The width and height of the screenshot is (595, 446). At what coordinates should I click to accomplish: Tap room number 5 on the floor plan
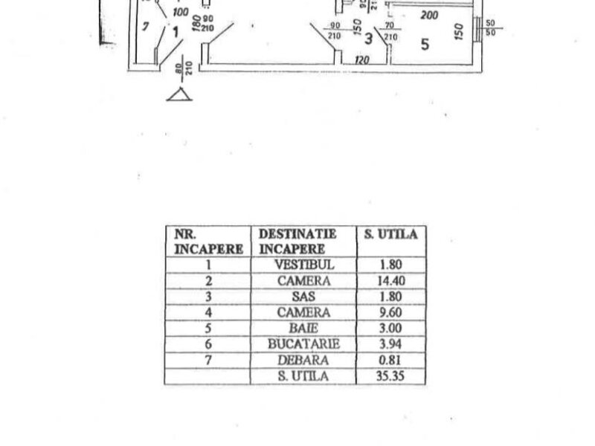(x=425, y=44)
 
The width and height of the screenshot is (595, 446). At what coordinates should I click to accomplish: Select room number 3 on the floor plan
(x=367, y=39)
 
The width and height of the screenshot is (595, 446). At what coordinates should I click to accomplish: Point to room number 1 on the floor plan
(x=173, y=32)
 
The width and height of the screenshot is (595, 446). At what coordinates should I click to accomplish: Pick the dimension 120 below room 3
(x=362, y=60)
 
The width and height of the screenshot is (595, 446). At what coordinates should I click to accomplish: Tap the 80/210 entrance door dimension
(x=179, y=74)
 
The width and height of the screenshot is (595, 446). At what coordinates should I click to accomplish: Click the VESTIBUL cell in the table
(x=304, y=265)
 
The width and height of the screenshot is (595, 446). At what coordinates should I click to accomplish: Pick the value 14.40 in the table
(x=390, y=281)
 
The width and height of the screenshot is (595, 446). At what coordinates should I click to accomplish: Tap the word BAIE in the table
(x=304, y=328)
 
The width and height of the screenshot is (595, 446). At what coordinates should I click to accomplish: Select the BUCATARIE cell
(x=304, y=344)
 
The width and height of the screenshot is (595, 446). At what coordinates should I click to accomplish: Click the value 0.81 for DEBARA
(x=390, y=360)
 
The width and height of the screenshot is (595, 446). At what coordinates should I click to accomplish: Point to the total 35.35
(x=390, y=376)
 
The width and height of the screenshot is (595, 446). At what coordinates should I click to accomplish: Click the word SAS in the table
(x=304, y=297)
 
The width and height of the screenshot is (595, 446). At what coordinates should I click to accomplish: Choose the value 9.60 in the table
(x=390, y=312)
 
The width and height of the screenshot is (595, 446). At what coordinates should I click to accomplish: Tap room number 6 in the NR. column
(x=208, y=344)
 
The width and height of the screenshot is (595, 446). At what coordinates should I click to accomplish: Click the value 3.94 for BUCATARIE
(x=390, y=344)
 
